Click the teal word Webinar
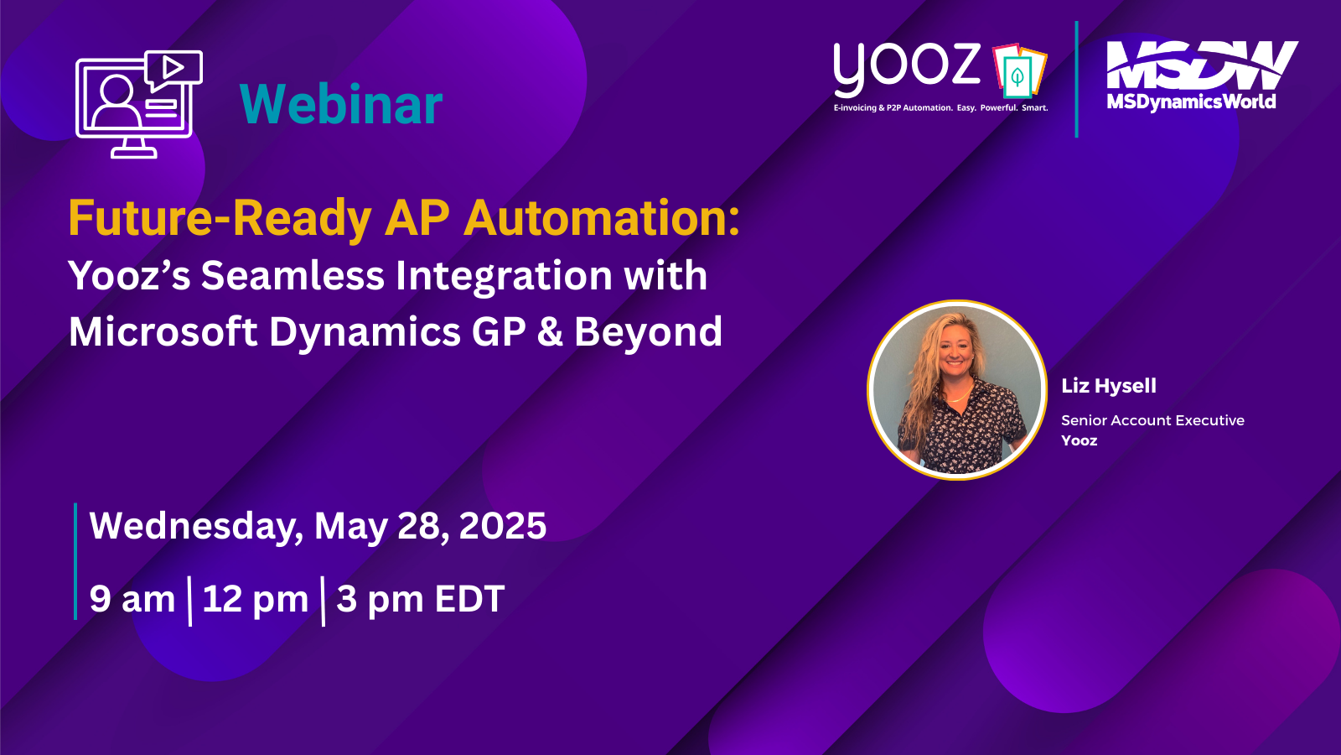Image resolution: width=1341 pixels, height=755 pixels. coord(340,104)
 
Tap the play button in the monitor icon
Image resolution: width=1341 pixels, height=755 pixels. coord(173,66)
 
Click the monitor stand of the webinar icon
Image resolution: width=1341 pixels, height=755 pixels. coord(134,148)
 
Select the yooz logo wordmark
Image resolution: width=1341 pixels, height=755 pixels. coord(906,69)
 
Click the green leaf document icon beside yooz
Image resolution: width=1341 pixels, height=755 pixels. coord(1019,70)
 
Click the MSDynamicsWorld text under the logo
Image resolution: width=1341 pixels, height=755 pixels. coord(1191,102)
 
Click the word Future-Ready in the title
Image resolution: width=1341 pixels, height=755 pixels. coord(219,218)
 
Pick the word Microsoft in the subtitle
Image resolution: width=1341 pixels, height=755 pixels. coord(163,331)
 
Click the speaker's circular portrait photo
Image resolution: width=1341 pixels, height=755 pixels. coord(956,390)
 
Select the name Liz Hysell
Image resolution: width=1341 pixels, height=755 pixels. coord(1109,385)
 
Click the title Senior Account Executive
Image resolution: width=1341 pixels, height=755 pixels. coord(1152,420)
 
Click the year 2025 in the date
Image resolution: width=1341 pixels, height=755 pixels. coord(502,525)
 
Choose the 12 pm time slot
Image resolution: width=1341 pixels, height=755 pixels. coord(255,599)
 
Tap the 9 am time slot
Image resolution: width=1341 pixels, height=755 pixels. coord(132,599)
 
